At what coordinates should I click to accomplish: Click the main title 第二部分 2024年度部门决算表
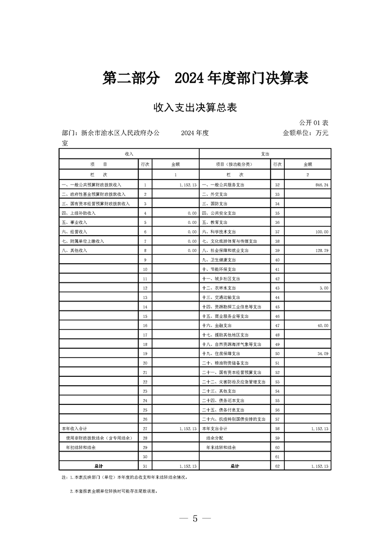(x=205, y=78)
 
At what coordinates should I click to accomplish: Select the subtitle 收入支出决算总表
(x=195, y=107)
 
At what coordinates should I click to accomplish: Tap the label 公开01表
(x=313, y=122)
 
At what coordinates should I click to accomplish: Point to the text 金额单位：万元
(x=305, y=133)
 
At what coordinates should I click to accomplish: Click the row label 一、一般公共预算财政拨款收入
(x=91, y=184)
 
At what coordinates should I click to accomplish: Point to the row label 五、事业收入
(x=74, y=222)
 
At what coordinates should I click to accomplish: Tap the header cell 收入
(x=129, y=154)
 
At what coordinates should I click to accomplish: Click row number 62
(x=277, y=466)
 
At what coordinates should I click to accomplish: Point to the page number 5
(x=195, y=519)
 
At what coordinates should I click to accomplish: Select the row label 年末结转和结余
(x=221, y=448)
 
